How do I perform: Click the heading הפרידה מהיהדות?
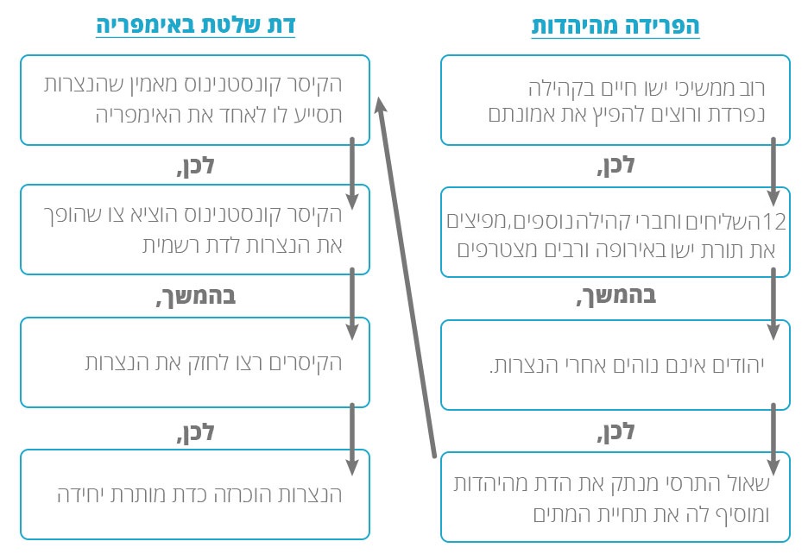click(615, 26)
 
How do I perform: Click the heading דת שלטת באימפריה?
click(195, 25)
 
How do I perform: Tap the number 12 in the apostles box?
click(776, 222)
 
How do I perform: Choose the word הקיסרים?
click(307, 362)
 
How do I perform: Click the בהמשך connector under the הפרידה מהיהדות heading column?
click(614, 296)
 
